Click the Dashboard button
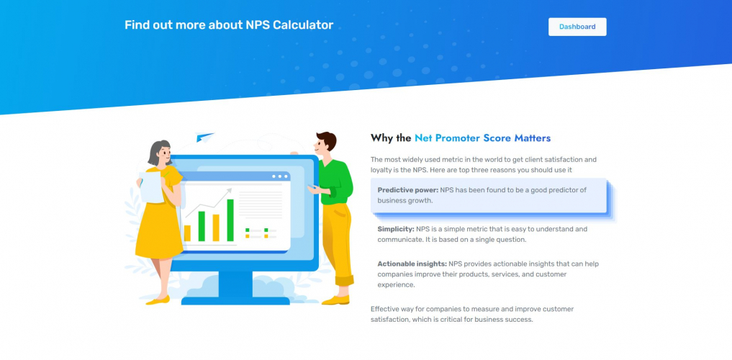click(577, 27)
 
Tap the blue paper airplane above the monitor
click(205, 138)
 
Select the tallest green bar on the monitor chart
click(230, 220)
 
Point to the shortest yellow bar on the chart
click(187, 233)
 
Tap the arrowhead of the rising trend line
click(230, 192)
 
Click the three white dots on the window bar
click(279, 176)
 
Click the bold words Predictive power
click(407, 190)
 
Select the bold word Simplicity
click(395, 229)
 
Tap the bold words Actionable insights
click(412, 264)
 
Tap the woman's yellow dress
click(158, 223)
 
